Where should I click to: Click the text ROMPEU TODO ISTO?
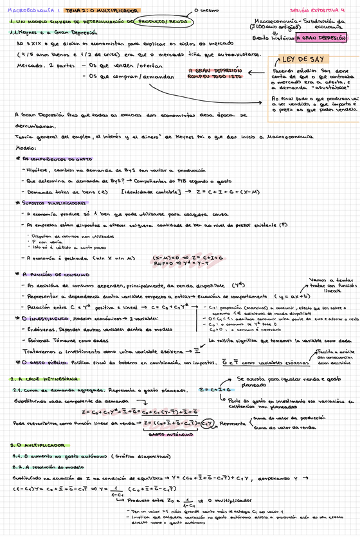(215, 75)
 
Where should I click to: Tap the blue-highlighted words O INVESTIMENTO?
(45, 318)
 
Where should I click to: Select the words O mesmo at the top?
(210, 10)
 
